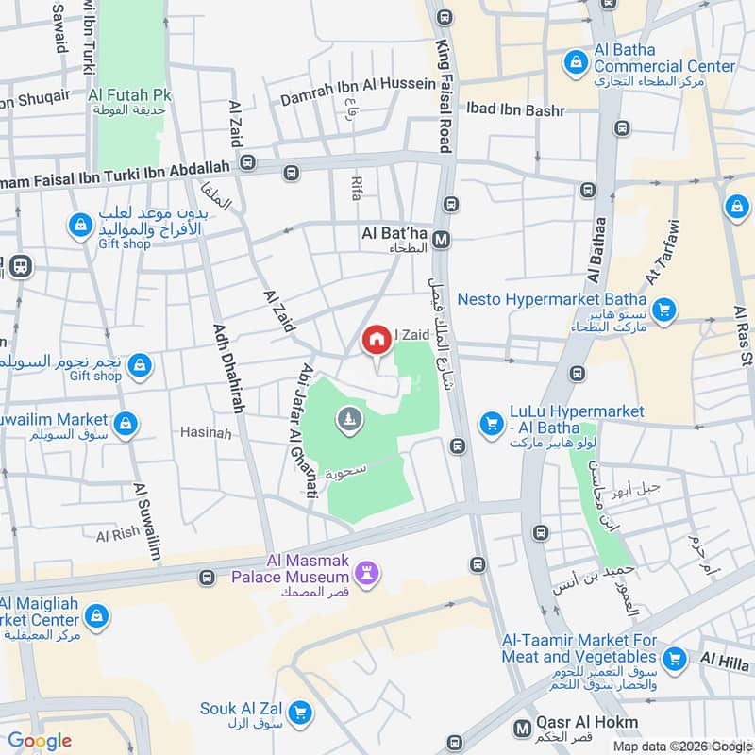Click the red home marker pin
click(377, 340)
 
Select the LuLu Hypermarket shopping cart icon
click(491, 425)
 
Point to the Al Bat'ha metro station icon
click(442, 241)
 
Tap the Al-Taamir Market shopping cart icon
click(674, 658)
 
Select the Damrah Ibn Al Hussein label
click(360, 83)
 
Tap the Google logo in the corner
click(40, 741)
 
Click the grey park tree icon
click(349, 420)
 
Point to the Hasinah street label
click(206, 432)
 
